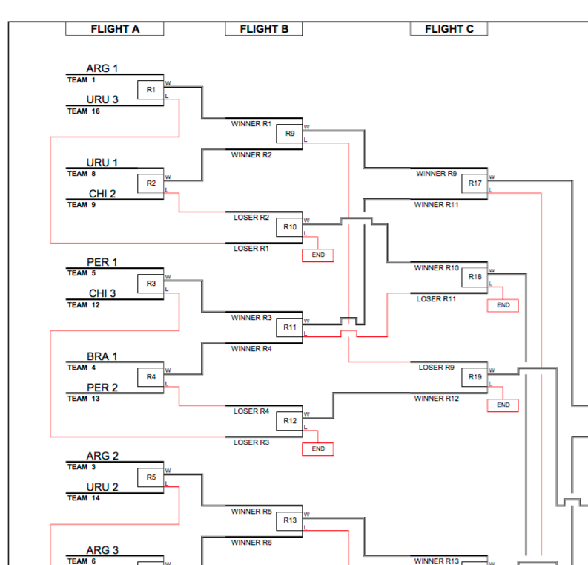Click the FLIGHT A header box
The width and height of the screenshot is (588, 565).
[114, 29]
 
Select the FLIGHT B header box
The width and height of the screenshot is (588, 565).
[263, 29]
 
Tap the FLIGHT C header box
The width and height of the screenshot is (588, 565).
[449, 29]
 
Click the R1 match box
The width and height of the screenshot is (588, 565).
[151, 90]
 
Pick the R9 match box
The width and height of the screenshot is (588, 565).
[289, 134]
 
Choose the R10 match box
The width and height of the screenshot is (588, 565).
[289, 227]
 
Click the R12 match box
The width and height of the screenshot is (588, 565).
[289, 421]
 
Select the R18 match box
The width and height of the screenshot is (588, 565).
[475, 277]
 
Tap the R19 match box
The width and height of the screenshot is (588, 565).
[475, 377]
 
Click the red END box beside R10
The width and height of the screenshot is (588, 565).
[317, 255]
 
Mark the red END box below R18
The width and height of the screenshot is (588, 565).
[503, 305]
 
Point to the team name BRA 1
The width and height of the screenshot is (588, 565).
[102, 356]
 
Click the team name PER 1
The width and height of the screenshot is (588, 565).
[102, 262]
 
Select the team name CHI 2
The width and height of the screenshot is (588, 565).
[102, 194]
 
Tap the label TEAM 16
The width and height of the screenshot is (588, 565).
[83, 111]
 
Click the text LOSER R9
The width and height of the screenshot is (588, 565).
[436, 367]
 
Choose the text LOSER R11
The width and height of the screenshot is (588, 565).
[436, 299]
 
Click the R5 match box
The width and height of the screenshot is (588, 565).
[151, 477]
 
